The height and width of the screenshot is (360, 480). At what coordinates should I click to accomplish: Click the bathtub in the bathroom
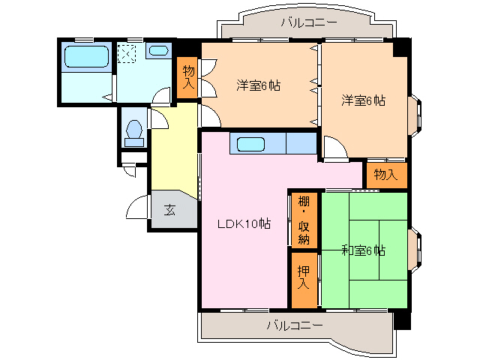click(x=87, y=56)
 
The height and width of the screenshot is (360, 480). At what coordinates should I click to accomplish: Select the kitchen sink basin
click(x=250, y=144)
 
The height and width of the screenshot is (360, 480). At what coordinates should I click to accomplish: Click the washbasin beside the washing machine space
click(x=158, y=50)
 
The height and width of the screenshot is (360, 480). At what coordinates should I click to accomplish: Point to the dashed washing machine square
click(x=127, y=53)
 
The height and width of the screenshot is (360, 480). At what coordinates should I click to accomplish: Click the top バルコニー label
click(x=309, y=22)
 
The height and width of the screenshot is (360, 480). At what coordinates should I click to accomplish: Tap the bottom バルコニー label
click(x=295, y=325)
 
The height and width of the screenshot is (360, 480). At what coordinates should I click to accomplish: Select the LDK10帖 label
click(x=244, y=223)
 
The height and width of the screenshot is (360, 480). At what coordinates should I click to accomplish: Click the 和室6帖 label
click(x=363, y=251)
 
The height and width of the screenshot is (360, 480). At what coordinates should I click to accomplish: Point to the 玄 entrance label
click(x=170, y=210)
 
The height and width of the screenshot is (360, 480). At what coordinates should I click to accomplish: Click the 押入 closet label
click(x=304, y=277)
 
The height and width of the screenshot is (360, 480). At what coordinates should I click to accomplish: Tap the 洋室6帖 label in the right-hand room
click(x=363, y=100)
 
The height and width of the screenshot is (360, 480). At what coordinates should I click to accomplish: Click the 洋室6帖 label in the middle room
click(x=258, y=85)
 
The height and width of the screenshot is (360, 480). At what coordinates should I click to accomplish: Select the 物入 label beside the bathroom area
click(x=188, y=77)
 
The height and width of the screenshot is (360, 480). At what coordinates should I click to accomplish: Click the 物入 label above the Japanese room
click(x=385, y=175)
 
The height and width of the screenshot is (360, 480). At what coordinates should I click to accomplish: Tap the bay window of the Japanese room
click(x=415, y=250)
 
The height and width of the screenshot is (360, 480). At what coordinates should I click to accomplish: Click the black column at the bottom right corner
click(x=402, y=320)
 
